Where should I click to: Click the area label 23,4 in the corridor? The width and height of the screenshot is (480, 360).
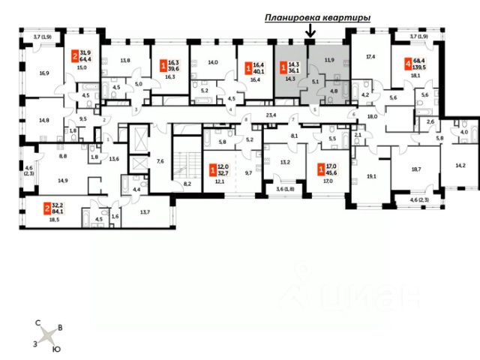tap(271, 114)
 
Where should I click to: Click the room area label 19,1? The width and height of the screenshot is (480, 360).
tap(371, 177)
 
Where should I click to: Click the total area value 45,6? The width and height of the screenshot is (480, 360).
tap(331, 173)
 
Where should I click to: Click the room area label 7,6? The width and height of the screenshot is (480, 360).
tap(160, 160)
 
